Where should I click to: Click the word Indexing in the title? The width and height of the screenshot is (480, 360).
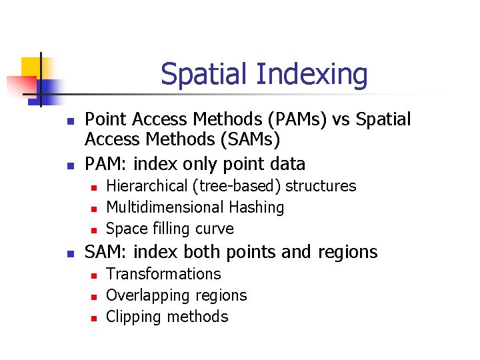[311, 75]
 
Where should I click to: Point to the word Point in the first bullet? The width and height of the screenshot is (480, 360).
[106, 119]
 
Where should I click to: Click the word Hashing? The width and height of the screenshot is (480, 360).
[257, 207]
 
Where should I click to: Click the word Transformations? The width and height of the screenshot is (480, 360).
[163, 274]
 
